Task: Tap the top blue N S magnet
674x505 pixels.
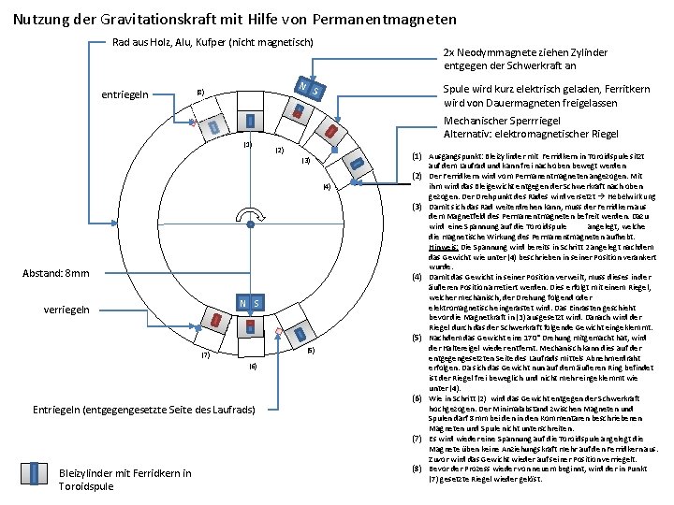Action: (x=311, y=89)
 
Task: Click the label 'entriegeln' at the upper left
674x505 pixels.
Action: (x=124, y=94)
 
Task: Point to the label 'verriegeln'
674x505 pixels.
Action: (x=67, y=309)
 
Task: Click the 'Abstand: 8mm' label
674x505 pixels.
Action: (x=56, y=273)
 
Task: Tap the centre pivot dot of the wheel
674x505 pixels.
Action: (x=250, y=224)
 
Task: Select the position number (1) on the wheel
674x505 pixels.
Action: (x=248, y=144)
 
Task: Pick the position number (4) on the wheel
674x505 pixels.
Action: (x=326, y=187)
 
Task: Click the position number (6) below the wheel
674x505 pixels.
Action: (x=253, y=368)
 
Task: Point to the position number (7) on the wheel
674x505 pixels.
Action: (x=205, y=354)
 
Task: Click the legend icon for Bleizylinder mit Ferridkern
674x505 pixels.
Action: (x=40, y=473)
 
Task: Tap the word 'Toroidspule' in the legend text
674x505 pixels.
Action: (x=87, y=486)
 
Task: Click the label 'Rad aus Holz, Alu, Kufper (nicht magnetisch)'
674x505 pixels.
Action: (x=212, y=42)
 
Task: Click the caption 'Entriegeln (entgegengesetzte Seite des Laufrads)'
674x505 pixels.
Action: (x=144, y=410)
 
